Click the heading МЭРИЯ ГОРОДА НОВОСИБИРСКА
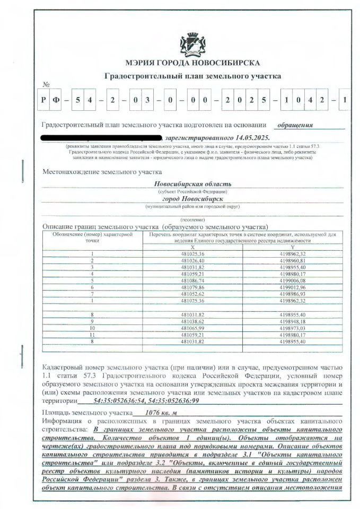pos(192,63)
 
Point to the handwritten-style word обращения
pos(295,126)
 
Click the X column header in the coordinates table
pos(192,247)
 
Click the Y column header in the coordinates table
pos(292,247)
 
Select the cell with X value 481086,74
pos(192,280)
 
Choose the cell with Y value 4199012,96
pos(292,287)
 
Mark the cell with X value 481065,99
pos(192,328)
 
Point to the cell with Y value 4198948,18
pos(292,321)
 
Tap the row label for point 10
pos(92,328)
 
